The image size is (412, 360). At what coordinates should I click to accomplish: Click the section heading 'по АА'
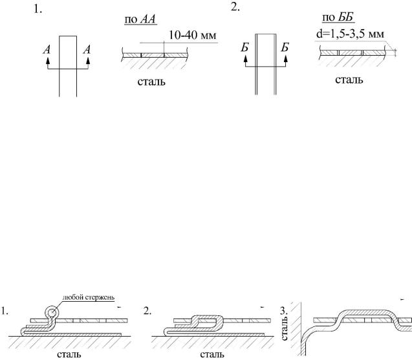pyautogui.click(x=140, y=19)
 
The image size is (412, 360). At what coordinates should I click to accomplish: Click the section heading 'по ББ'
pyautogui.click(x=338, y=17)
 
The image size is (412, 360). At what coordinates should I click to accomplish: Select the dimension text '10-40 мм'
pyautogui.click(x=192, y=35)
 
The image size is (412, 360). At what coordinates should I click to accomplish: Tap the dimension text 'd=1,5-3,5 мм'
pyautogui.click(x=350, y=34)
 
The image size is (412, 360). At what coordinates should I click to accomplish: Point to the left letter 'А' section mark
pyautogui.click(x=47, y=50)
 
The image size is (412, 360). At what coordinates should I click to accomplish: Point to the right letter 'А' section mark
pyautogui.click(x=87, y=50)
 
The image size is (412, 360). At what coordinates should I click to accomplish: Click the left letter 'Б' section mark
pyautogui.click(x=244, y=48)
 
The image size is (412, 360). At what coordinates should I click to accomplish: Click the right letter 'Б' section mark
pyautogui.click(x=285, y=48)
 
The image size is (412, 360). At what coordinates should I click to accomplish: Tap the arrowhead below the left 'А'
pyautogui.click(x=48, y=61)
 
